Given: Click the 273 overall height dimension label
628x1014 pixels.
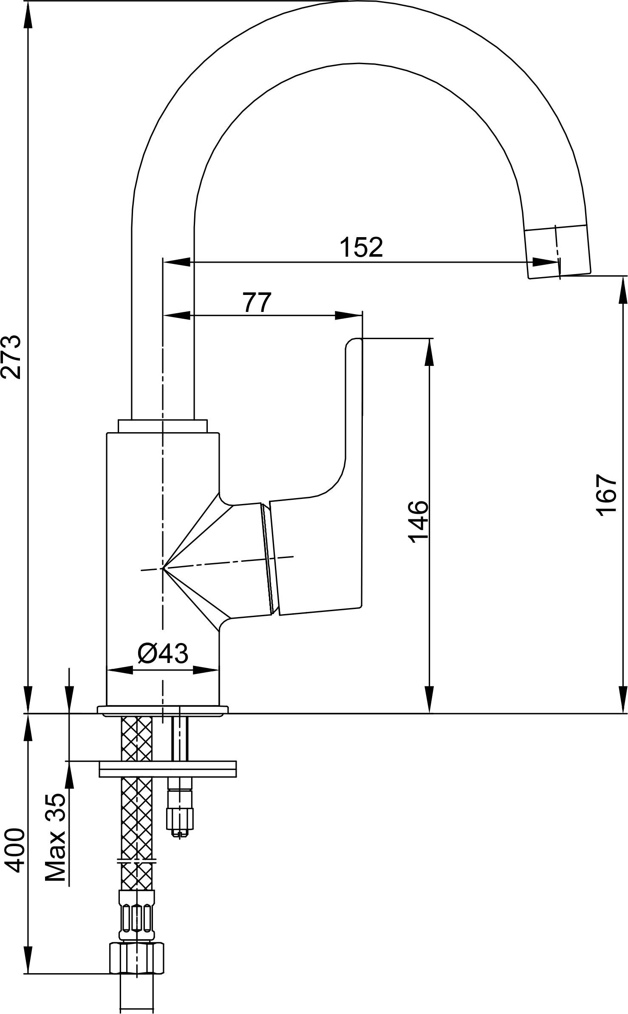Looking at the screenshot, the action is click(11, 357).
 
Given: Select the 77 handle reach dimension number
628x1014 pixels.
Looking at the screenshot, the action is click(257, 302).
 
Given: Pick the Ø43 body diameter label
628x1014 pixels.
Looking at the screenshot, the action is click(163, 653).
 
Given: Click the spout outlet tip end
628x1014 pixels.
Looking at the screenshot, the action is click(559, 275).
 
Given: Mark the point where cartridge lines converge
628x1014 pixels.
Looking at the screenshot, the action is click(163, 568).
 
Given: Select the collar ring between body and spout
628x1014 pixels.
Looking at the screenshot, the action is click(163, 426).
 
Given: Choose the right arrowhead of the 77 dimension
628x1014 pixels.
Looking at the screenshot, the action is click(349, 315).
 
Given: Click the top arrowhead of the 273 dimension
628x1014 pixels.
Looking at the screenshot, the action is click(28, 15).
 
